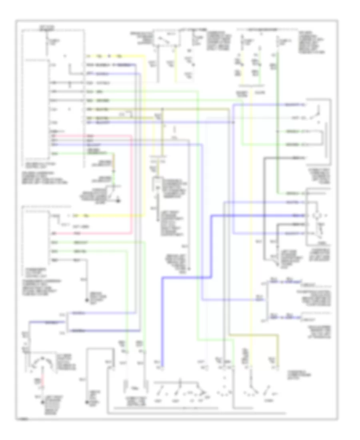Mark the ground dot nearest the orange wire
tap(119, 200)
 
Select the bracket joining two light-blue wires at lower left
tap(67, 320)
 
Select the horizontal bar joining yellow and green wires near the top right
tap(251, 85)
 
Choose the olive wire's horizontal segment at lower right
tap(254, 334)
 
